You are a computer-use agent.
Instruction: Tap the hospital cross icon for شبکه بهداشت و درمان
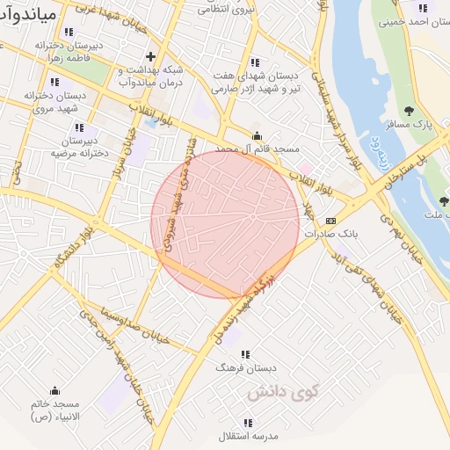[x=150, y=55]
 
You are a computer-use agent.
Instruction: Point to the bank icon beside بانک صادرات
[x=330, y=221]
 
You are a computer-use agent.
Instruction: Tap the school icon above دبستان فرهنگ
[x=245, y=353]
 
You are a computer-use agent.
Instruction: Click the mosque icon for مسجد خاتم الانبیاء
[x=55, y=390]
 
